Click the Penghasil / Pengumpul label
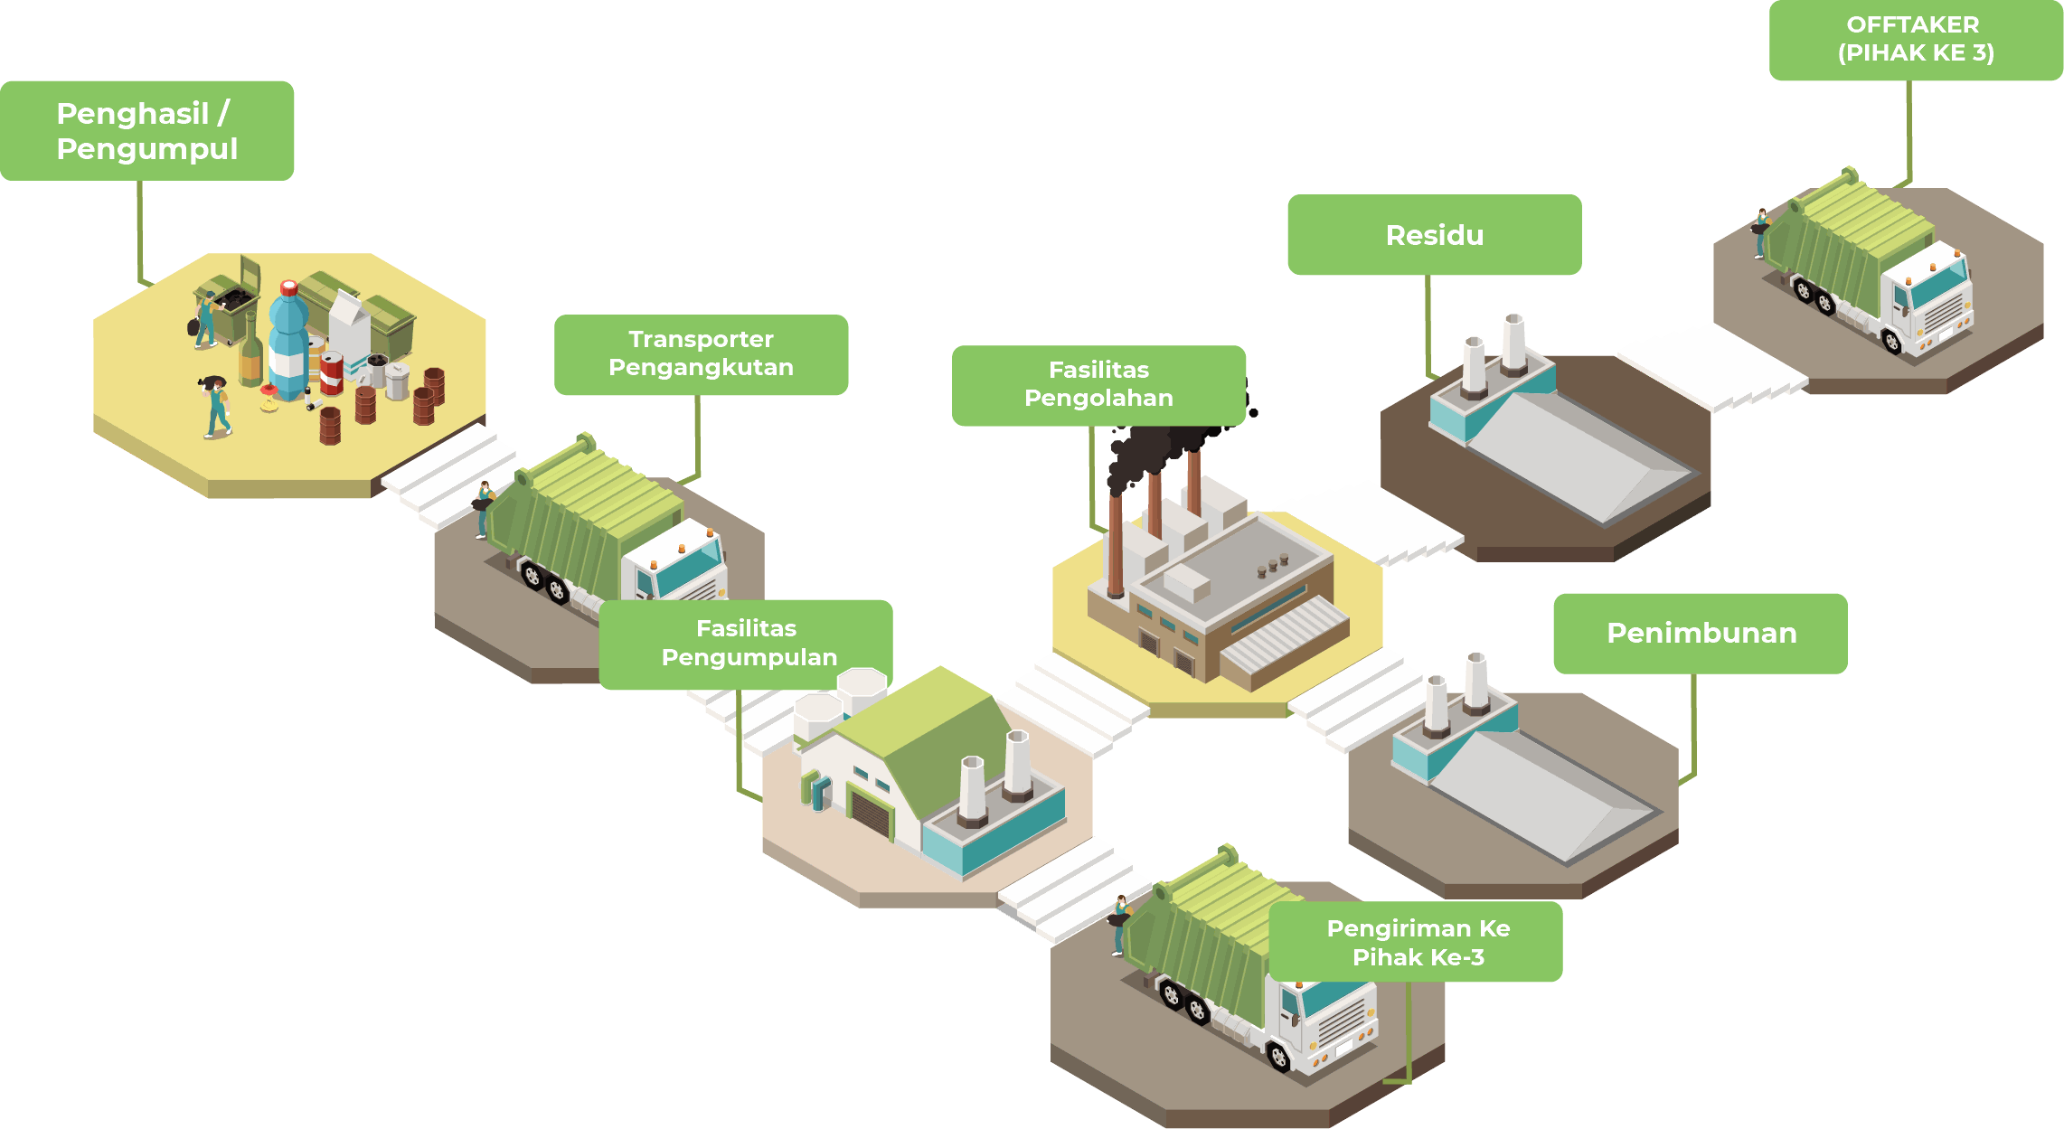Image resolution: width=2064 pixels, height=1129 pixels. point(146,130)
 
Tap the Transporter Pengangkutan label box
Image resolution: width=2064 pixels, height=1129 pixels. point(701,354)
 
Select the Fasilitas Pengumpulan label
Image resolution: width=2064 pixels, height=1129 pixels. point(746,644)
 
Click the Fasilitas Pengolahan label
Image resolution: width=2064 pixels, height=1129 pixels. point(1098,384)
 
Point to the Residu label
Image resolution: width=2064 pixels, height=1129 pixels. point(1434,235)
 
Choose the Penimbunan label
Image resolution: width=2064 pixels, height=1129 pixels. point(1700,633)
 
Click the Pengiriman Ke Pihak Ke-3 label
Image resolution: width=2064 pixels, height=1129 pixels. point(1416,942)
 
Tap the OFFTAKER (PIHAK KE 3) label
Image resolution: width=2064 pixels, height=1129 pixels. point(1915,39)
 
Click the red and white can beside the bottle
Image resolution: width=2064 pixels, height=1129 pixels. point(332,372)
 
